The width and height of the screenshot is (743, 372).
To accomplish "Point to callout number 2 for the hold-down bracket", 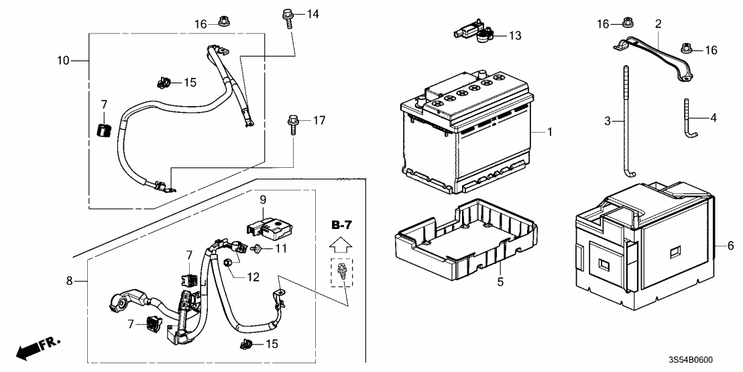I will click(x=658, y=24).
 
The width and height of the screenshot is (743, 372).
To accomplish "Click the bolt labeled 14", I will click(x=288, y=15).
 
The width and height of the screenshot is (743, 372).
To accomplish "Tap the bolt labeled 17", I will click(x=294, y=124).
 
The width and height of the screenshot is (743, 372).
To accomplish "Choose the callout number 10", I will click(x=63, y=60).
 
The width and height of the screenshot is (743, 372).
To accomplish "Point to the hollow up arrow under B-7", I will click(x=341, y=244).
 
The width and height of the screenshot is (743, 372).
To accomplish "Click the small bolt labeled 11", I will click(x=255, y=250).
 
